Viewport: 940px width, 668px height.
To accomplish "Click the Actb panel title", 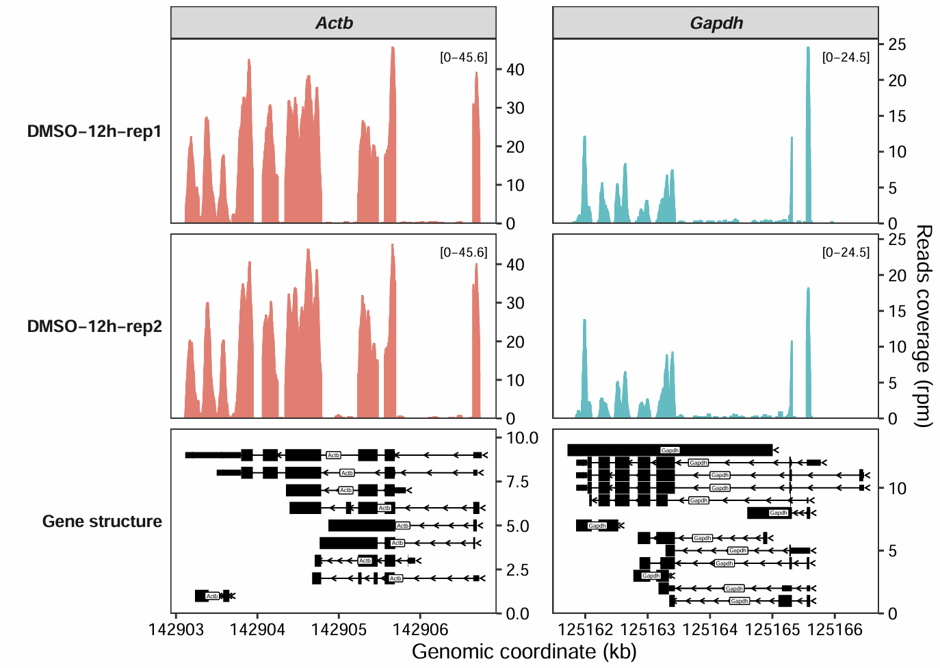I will [x=334, y=23].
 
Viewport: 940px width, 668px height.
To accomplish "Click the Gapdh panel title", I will [x=716, y=23].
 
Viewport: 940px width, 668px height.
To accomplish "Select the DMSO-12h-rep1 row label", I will [x=94, y=131].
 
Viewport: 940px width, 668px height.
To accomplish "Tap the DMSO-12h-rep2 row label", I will [x=94, y=326].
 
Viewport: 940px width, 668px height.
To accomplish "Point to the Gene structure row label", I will [x=102, y=522].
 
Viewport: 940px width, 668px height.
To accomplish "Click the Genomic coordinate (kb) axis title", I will [x=524, y=652].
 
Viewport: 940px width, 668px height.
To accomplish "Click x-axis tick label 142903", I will [x=177, y=630].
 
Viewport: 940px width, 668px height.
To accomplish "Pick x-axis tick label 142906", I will [x=419, y=630].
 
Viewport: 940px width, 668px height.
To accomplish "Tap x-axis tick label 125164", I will [x=710, y=630].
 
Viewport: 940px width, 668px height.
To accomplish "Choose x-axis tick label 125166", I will [x=835, y=630].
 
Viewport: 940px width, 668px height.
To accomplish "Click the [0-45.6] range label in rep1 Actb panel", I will [x=464, y=57].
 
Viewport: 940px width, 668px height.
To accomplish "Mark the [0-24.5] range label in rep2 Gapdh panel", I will [x=846, y=253].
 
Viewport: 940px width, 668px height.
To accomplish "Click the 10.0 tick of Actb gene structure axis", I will [x=522, y=438].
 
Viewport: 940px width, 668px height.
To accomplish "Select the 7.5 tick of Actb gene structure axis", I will [x=517, y=482].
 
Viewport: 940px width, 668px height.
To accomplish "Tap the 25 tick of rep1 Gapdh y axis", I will [x=897, y=45].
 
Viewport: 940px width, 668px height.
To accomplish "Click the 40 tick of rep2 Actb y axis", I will [x=515, y=265].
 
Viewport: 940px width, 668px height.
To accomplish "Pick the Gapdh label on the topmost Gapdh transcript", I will [x=670, y=450].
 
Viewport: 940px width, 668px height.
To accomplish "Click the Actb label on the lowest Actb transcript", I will [x=212, y=596].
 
